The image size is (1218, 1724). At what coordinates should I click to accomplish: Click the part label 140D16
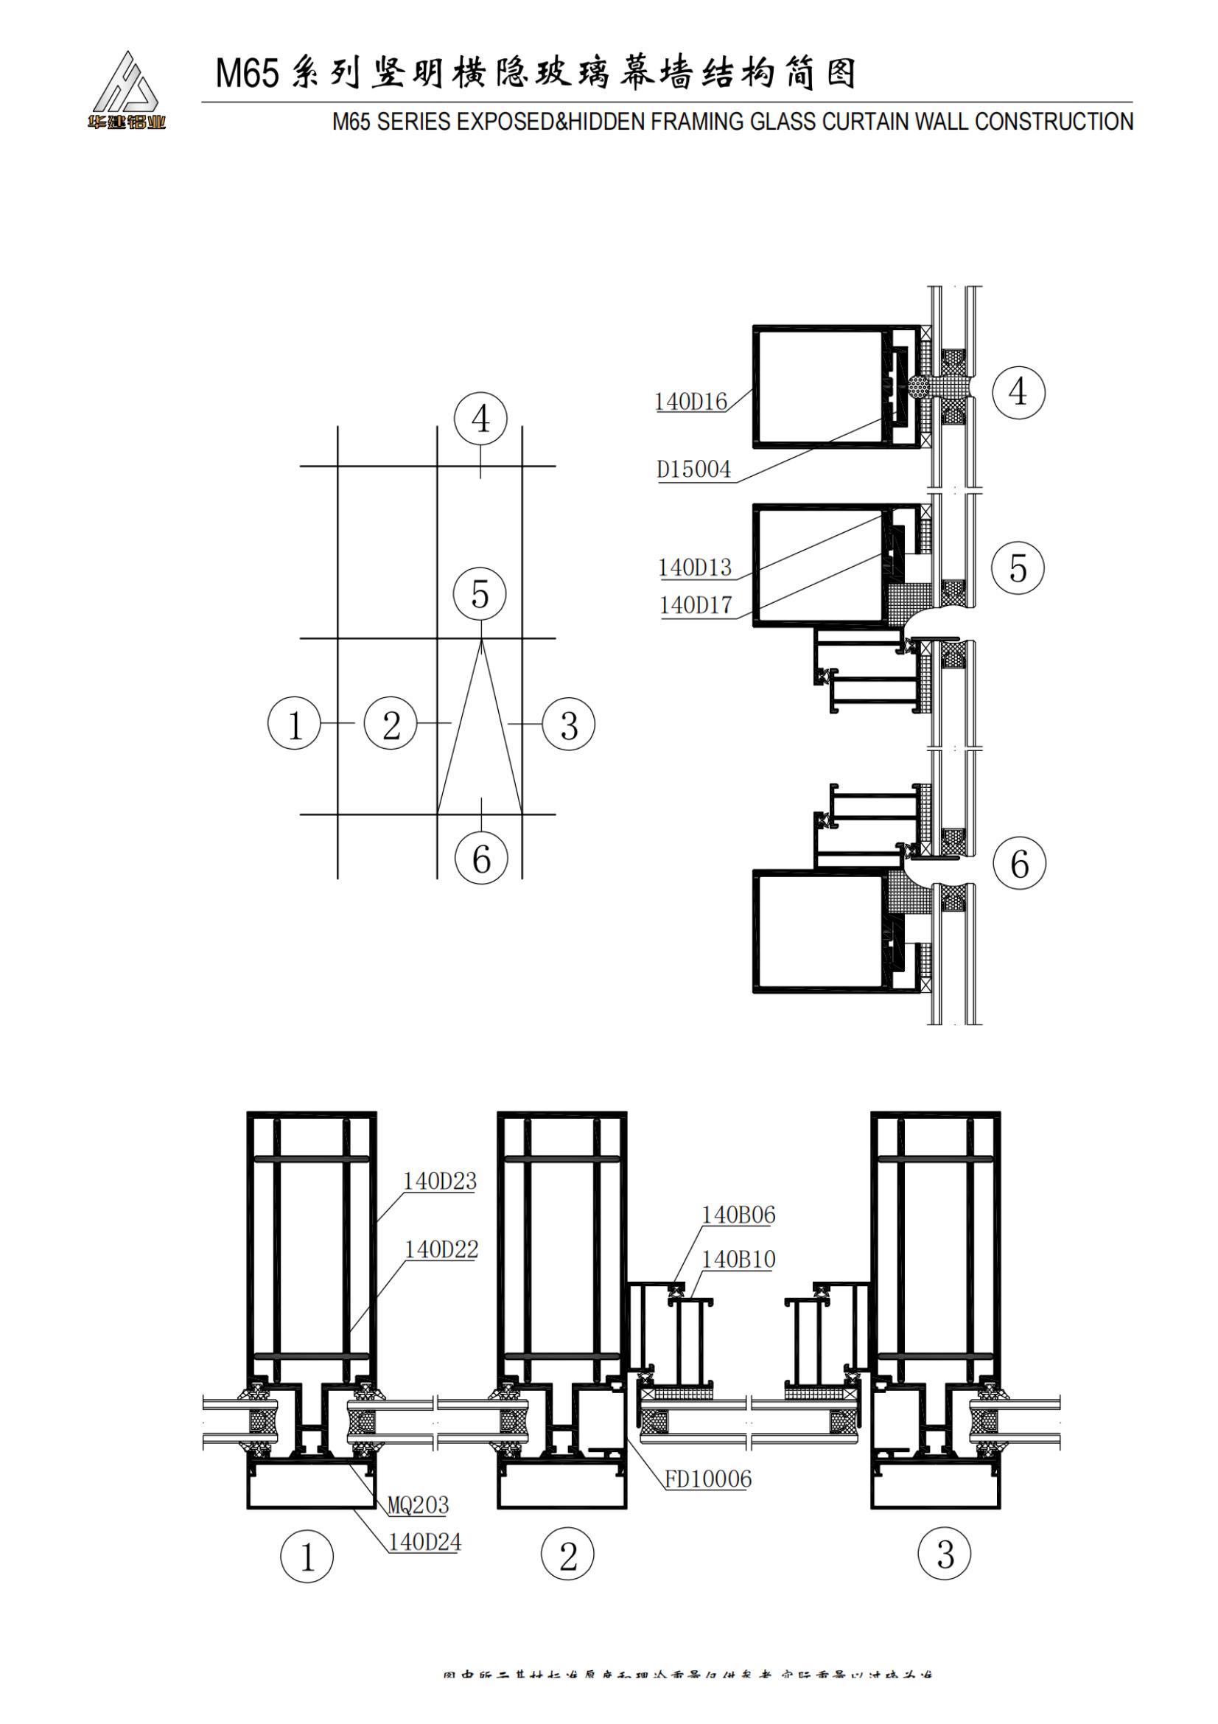(x=690, y=402)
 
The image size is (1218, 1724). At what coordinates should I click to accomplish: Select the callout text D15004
(x=693, y=470)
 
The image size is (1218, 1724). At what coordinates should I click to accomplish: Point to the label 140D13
(x=694, y=568)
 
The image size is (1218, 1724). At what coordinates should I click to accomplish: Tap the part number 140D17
(x=695, y=605)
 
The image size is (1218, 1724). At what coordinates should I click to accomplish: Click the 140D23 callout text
(x=440, y=1181)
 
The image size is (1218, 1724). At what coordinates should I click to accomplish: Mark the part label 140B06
(x=738, y=1215)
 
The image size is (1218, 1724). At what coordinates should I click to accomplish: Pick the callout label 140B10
(x=738, y=1259)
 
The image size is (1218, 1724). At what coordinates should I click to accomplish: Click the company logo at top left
(x=126, y=90)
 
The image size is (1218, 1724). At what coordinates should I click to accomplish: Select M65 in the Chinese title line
(x=247, y=74)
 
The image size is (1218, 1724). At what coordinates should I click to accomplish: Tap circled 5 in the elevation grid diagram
(x=480, y=595)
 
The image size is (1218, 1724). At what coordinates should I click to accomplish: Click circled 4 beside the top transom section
(x=1018, y=391)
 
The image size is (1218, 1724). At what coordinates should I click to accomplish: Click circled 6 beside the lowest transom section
(x=1018, y=864)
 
